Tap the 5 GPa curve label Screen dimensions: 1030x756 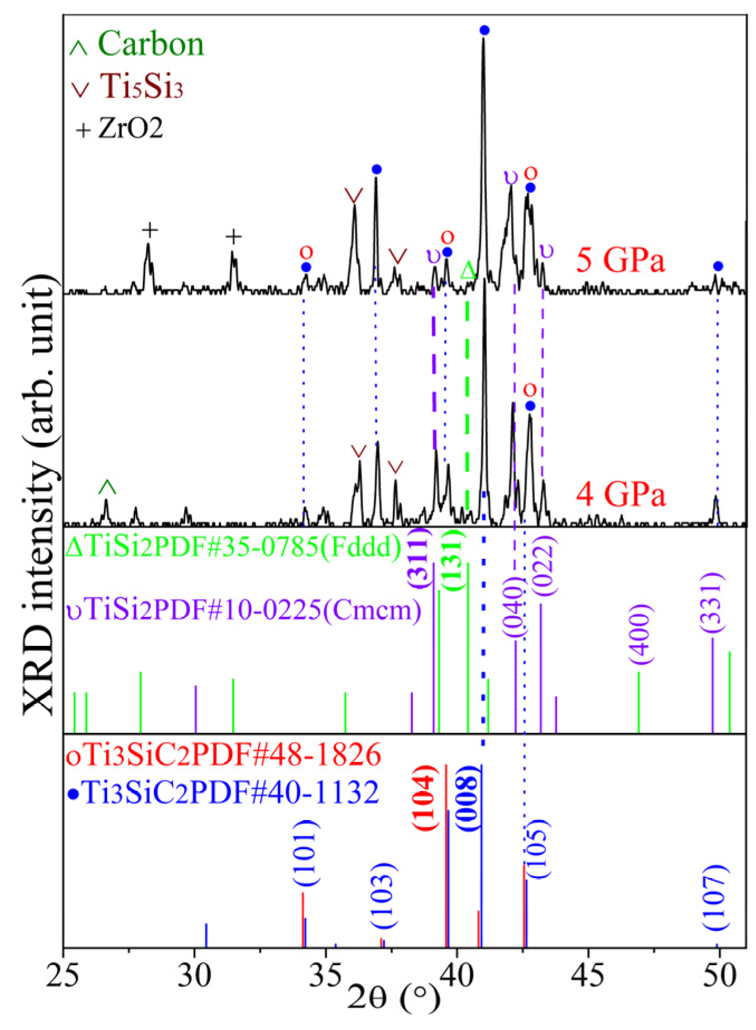[620, 260]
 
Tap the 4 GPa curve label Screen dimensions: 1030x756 [620, 495]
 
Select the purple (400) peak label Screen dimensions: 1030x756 [640, 634]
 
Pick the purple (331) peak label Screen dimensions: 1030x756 [714, 603]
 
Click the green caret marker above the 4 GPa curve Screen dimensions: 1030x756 [107, 487]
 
